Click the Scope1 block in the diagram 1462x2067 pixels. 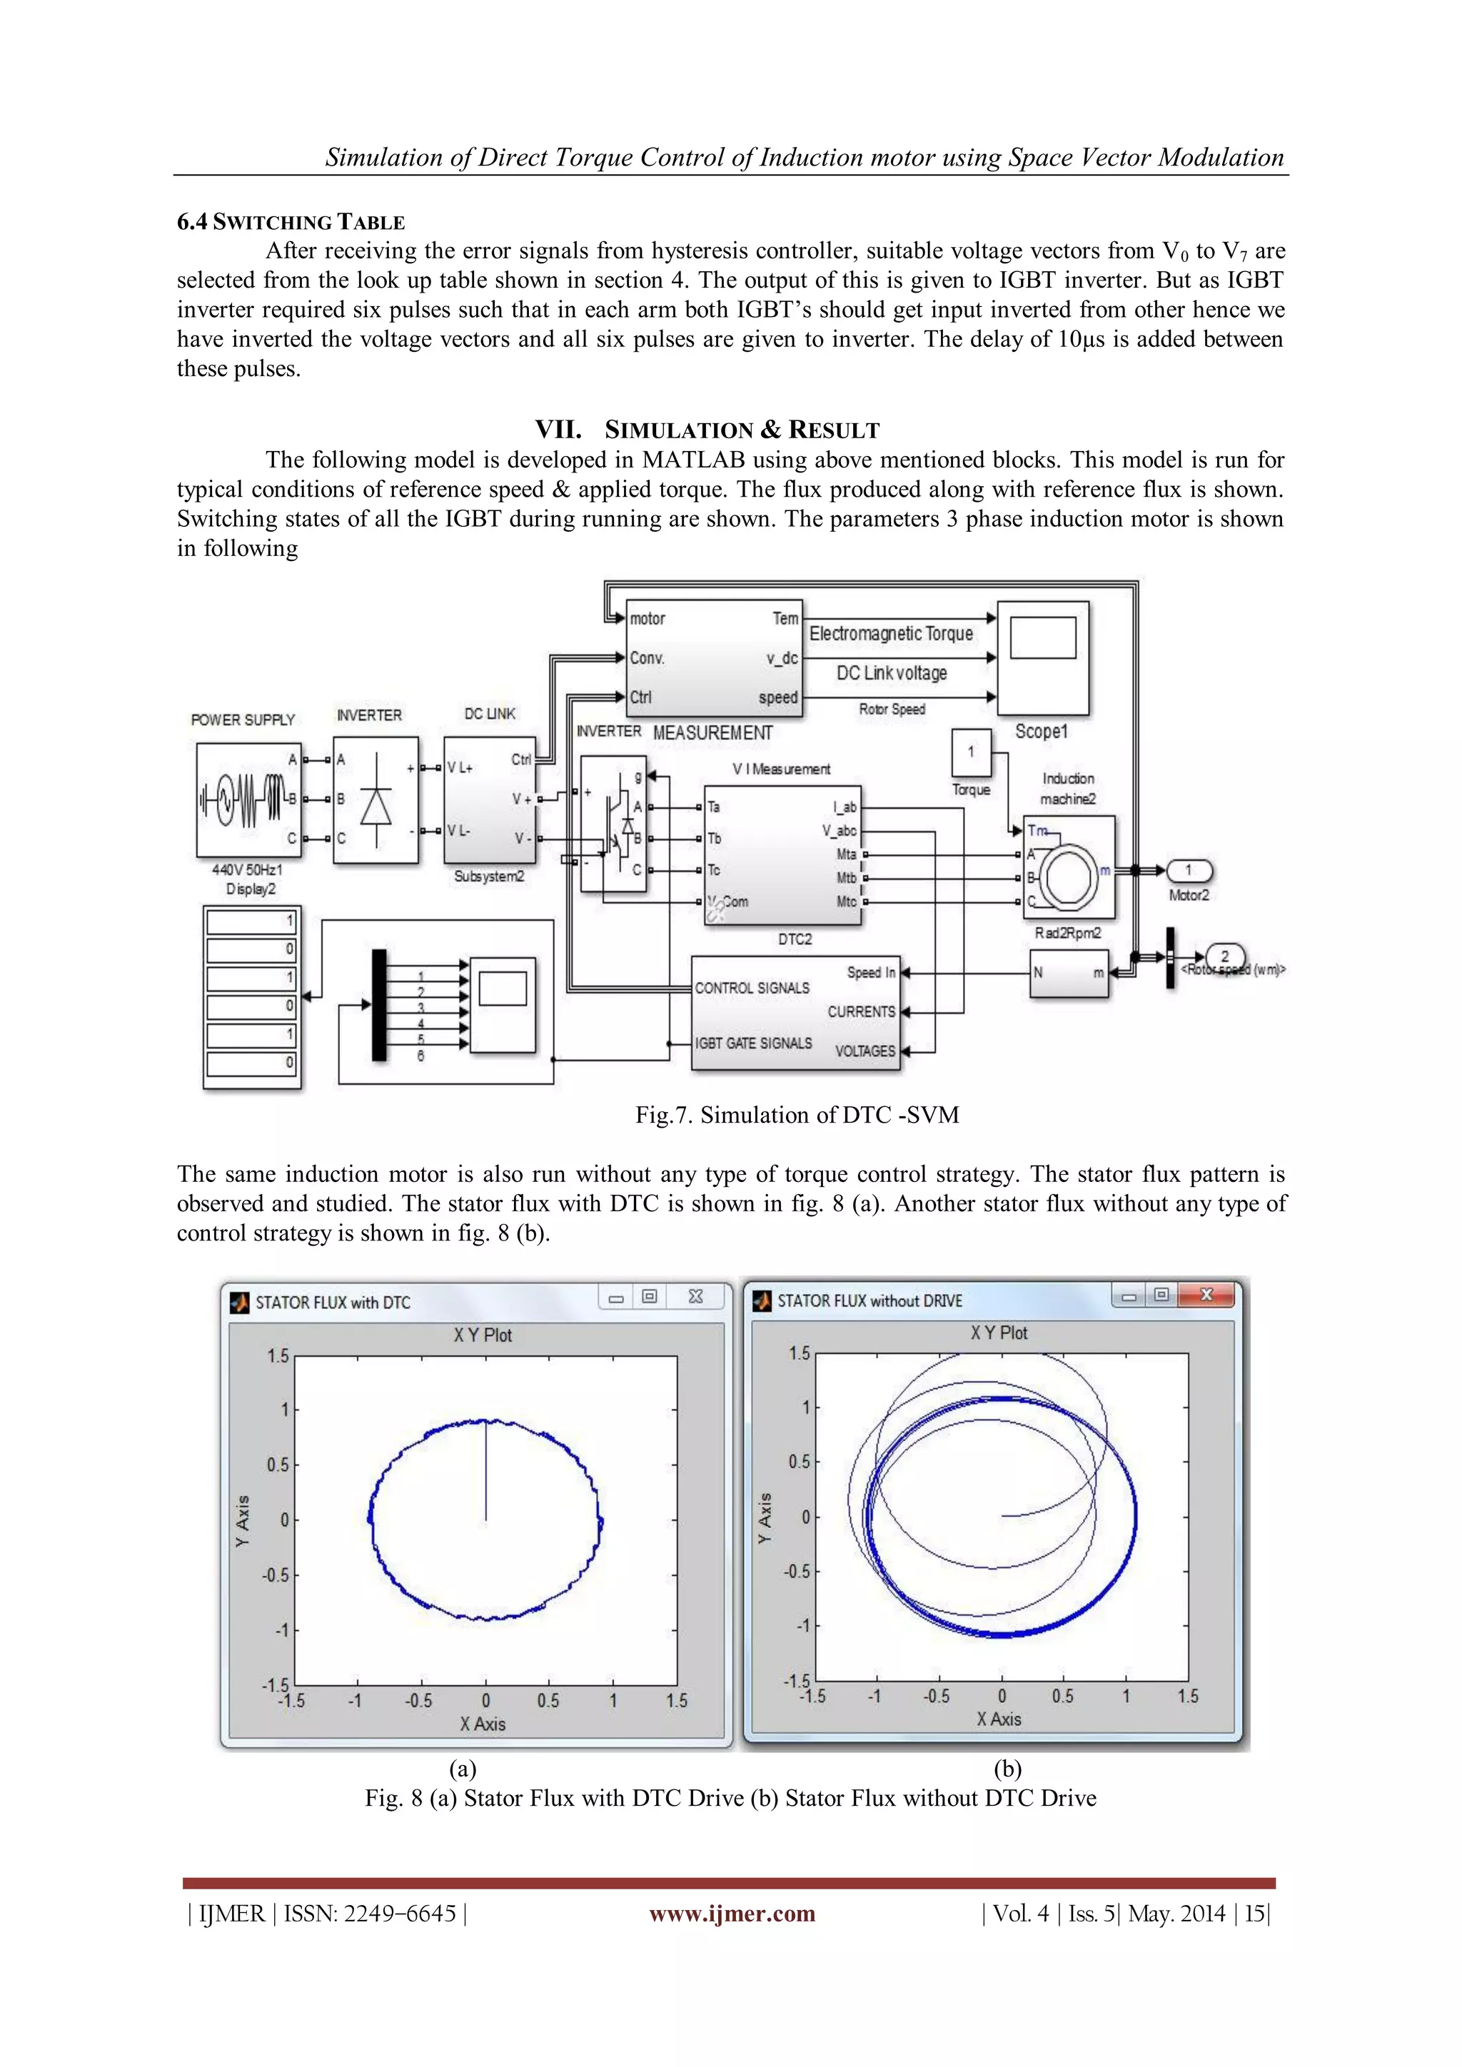tap(1042, 658)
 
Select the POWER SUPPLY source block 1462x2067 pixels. tap(248, 799)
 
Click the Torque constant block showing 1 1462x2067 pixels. tap(970, 752)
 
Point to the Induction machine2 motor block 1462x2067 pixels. tap(1069, 867)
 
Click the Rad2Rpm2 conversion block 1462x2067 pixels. tap(1069, 973)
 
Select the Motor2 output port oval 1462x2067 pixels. tap(1189, 871)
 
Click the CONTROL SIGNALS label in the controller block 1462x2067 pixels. tap(752, 988)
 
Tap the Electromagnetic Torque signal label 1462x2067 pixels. tap(890, 634)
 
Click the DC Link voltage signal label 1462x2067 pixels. tap(891, 673)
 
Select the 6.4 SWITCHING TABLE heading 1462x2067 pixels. tap(291, 223)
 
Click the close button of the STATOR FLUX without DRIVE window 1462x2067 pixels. tap(1206, 1295)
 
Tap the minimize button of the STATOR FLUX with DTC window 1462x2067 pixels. tap(616, 1298)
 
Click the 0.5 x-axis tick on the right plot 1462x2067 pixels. tap(1062, 1696)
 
